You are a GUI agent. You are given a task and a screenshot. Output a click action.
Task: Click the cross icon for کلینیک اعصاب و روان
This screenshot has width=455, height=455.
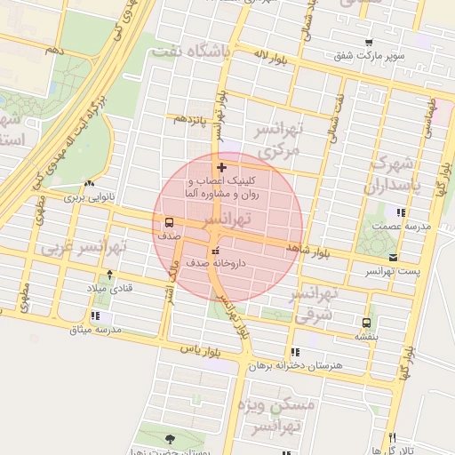point(221,166)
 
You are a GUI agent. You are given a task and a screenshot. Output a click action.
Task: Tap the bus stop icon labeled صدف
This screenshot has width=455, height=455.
point(169,222)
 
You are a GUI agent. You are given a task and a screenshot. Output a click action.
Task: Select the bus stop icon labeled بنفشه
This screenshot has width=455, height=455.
point(366,322)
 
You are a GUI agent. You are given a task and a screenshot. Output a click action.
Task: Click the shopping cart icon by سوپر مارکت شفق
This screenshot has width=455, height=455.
point(369,42)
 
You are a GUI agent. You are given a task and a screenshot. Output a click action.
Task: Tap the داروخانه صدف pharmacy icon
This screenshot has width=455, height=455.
point(214,249)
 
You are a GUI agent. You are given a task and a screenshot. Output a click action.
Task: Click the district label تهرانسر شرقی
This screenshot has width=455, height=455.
point(315,303)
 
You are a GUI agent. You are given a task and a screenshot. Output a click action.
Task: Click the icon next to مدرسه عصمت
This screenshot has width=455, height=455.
point(402,212)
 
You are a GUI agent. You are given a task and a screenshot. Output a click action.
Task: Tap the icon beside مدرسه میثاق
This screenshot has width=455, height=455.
point(95,315)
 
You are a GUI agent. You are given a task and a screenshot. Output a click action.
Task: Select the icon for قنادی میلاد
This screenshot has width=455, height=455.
point(109,275)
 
